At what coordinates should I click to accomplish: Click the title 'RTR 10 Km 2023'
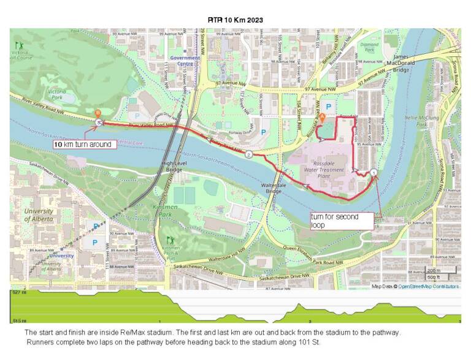tap(235, 20)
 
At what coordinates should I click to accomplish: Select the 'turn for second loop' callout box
tap(342, 221)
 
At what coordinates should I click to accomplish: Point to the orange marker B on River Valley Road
tap(98, 113)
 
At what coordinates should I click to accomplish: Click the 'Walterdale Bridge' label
tap(270, 186)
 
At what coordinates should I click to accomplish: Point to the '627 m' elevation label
tap(19, 293)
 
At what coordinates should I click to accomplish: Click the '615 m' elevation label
tap(19, 320)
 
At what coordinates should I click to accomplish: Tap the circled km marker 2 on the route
tap(248, 155)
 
